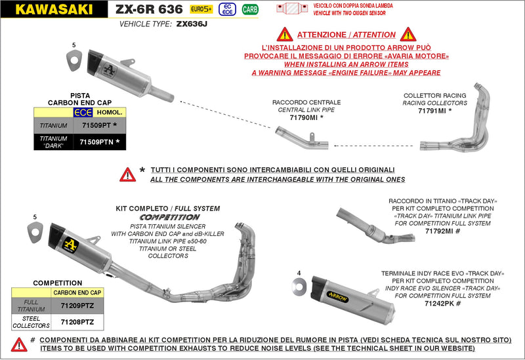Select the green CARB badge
(x=249, y=9)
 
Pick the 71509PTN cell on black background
(x=95, y=142)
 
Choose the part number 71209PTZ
(x=77, y=305)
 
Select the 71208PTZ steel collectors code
(x=77, y=322)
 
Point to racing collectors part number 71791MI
(x=432, y=111)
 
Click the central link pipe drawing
(x=302, y=140)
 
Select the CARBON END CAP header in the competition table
(x=77, y=292)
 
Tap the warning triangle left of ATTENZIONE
(x=284, y=35)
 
